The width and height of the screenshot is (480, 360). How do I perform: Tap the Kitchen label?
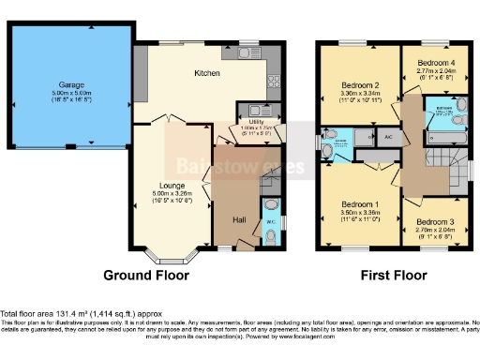point(206,72)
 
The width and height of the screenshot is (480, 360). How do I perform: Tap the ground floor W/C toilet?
point(272,206)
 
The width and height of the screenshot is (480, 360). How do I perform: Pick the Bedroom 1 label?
point(360,204)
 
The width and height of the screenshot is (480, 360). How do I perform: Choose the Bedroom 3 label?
point(434,221)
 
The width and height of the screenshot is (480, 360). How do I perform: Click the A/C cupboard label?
point(388,137)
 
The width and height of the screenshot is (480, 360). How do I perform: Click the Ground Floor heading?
point(145,276)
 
